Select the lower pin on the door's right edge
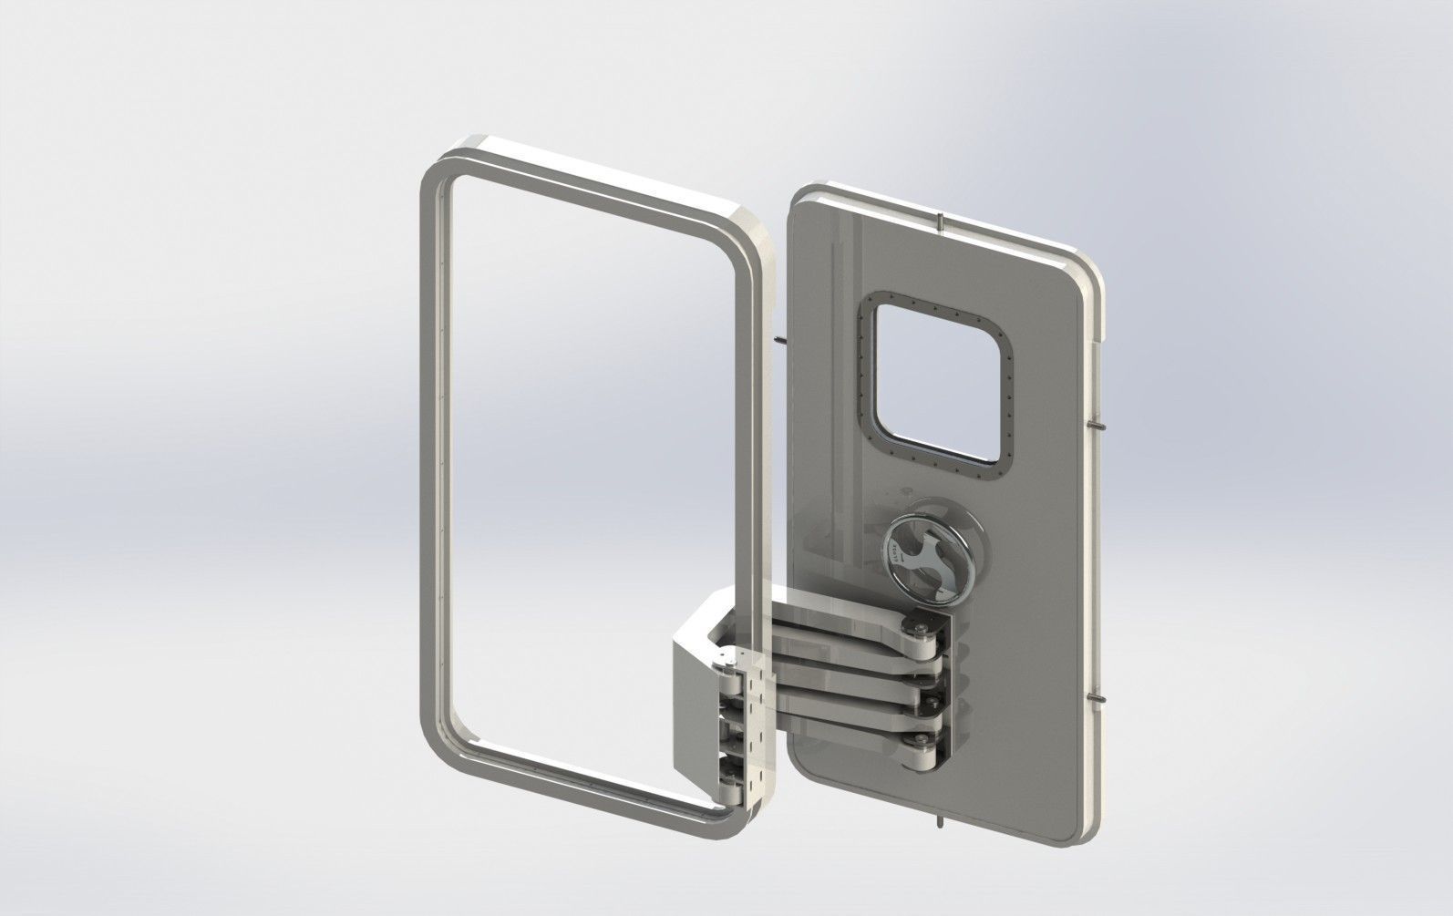pyautogui.click(x=1099, y=699)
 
